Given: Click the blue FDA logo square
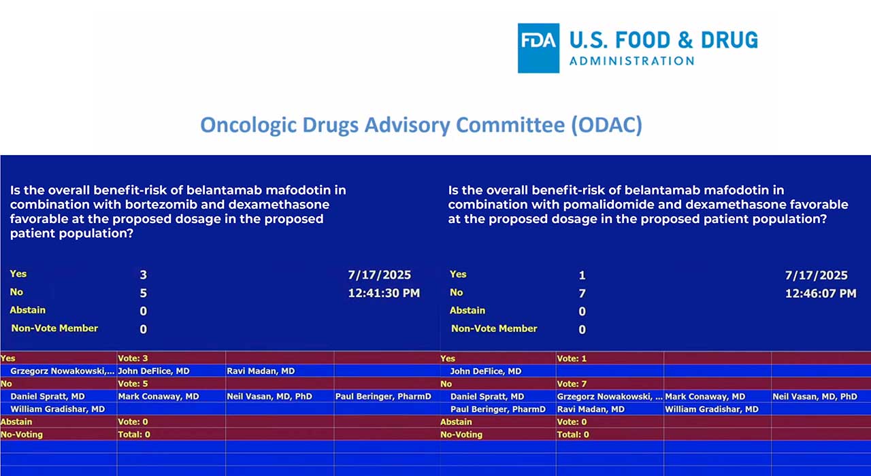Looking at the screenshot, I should (x=538, y=48).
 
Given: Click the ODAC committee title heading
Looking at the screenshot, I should (x=421, y=125).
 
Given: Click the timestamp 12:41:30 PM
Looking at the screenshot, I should (x=383, y=293).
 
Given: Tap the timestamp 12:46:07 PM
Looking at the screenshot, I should (x=820, y=293).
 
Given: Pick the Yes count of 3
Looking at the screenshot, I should (x=144, y=275).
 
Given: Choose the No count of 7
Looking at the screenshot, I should (x=582, y=294).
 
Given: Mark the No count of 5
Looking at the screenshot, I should (x=144, y=294).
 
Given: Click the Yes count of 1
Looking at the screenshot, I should (x=582, y=275).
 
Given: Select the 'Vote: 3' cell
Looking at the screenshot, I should (x=133, y=358).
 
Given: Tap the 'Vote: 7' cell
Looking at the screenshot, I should (x=572, y=384).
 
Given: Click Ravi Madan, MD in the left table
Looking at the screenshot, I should (x=261, y=371).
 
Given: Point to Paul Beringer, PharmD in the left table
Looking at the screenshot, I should (x=383, y=396).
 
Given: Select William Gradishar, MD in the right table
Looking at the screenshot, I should (x=711, y=409).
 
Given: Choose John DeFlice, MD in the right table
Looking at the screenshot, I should (x=485, y=371).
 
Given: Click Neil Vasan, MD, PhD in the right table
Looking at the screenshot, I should (x=815, y=396).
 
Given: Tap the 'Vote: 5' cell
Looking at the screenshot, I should (x=133, y=384).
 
